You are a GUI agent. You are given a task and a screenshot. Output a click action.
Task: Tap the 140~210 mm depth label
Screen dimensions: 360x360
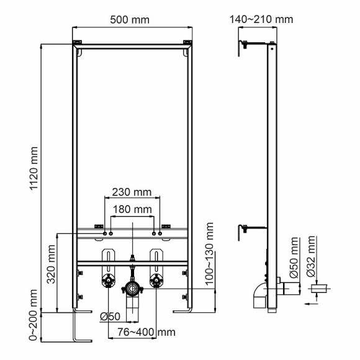(261, 19)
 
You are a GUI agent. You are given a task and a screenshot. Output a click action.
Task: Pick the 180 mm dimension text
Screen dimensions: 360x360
(133, 210)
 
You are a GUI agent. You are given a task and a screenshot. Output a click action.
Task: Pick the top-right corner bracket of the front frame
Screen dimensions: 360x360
(187, 43)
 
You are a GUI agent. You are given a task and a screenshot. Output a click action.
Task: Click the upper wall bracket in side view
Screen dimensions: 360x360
(246, 44)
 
